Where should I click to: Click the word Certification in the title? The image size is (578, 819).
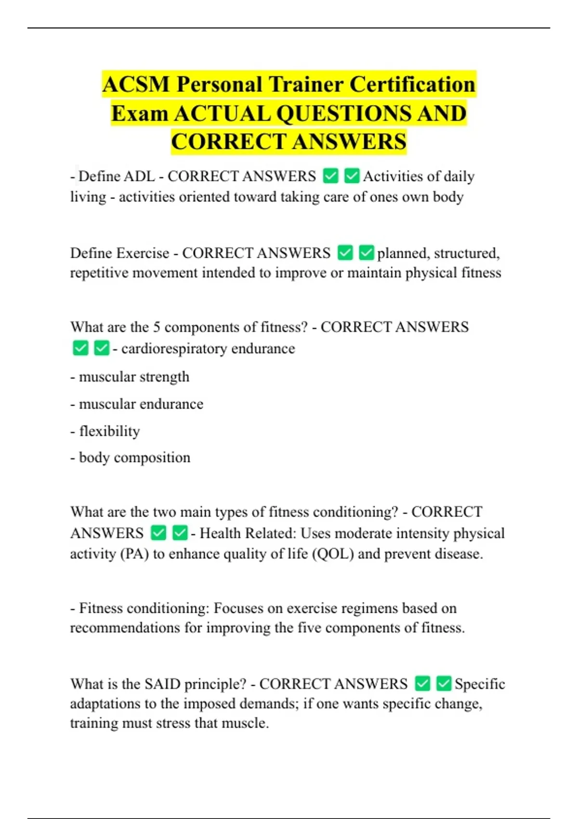[412, 84]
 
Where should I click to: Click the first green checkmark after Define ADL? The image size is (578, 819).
[330, 176]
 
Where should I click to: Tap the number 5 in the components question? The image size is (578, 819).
[157, 327]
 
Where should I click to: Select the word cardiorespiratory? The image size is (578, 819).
[174, 348]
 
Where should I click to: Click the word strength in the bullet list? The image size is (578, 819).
[162, 377]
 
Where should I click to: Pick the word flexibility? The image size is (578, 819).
[109, 431]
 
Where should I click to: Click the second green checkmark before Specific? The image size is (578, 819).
[444, 684]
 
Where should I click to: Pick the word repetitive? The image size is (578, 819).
[99, 273]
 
